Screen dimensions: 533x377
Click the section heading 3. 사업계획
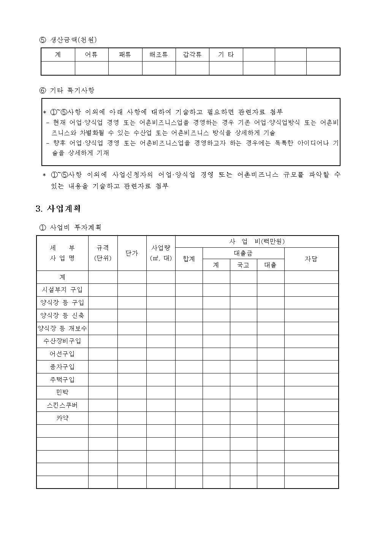point(58,209)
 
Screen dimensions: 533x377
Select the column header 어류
point(91,55)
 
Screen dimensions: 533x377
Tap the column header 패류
point(125,55)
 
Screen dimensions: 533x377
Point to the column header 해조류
point(158,55)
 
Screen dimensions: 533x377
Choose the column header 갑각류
point(192,55)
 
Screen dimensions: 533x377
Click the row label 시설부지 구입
point(62,290)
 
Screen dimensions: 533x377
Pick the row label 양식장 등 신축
point(62,315)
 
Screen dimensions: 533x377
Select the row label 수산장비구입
point(62,341)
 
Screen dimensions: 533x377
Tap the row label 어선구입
point(62,354)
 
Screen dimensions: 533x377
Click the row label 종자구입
point(62,367)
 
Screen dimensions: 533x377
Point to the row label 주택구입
point(62,380)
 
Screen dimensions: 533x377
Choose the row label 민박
point(62,392)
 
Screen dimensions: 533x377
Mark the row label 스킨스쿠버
point(62,405)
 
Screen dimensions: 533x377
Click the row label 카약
point(62,418)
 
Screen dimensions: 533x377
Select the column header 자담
point(311,259)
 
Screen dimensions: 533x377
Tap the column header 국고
point(243,265)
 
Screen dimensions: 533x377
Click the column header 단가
point(131,253)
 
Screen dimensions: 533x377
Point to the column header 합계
point(188,259)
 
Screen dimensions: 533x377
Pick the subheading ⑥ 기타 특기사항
point(67,90)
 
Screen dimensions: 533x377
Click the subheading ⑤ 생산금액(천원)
point(68,40)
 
